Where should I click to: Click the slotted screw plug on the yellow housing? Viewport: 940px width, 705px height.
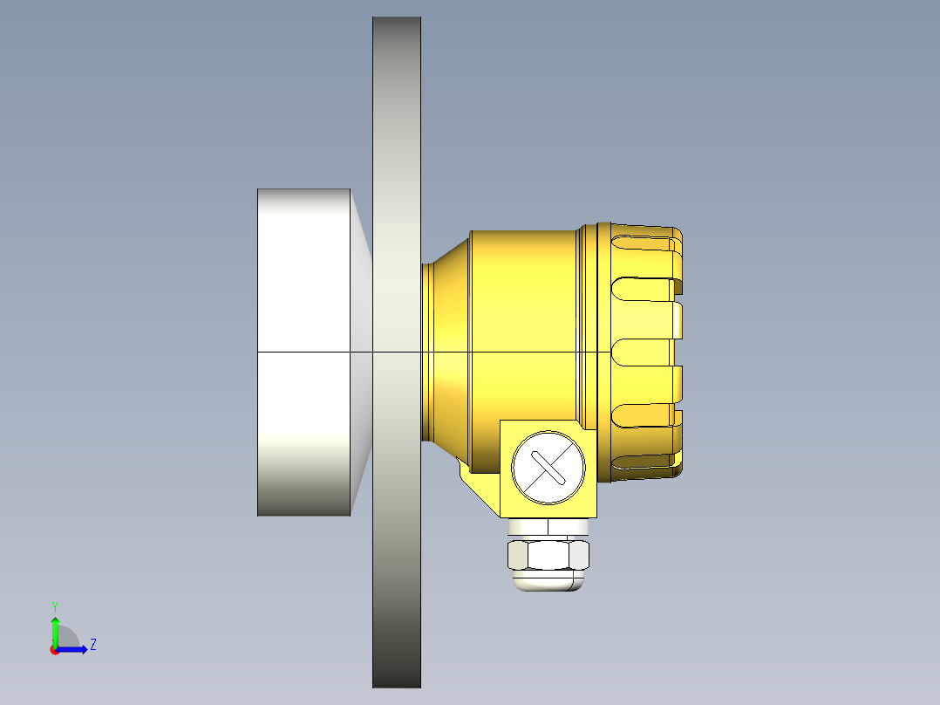pyautogui.click(x=548, y=467)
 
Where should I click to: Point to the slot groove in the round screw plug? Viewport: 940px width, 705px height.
pyautogui.click(x=548, y=468)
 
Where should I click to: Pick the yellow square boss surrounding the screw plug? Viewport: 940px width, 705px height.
pyautogui.click(x=510, y=502)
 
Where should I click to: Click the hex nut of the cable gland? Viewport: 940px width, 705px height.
pyautogui.click(x=548, y=555)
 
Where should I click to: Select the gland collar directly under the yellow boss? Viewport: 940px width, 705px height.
pyautogui.click(x=548, y=527)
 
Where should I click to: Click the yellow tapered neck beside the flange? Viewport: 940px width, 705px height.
pyautogui.click(x=445, y=349)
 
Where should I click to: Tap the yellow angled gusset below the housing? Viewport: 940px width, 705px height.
pyautogui.click(x=478, y=485)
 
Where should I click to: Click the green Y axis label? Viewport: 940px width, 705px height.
pyautogui.click(x=54, y=606)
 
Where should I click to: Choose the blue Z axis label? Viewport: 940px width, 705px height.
pyautogui.click(x=92, y=645)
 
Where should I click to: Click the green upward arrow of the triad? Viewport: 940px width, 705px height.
pyautogui.click(x=55, y=626)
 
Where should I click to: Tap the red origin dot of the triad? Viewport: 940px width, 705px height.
pyautogui.click(x=55, y=650)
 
